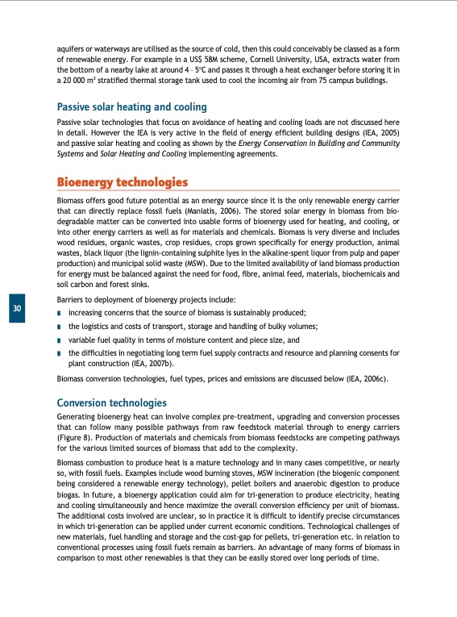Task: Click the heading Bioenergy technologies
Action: [x=123, y=181]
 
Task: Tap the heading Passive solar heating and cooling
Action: [x=132, y=106]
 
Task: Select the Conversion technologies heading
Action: [x=111, y=402]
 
